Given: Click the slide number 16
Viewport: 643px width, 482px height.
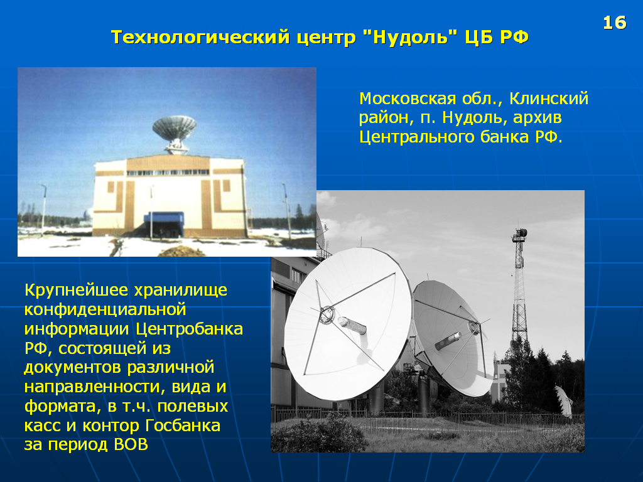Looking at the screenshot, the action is (614, 23).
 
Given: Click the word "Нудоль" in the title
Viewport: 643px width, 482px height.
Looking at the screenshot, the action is (410, 37).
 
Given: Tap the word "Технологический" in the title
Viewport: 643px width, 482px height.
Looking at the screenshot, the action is (200, 37).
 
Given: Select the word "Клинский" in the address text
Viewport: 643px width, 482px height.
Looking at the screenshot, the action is (549, 99).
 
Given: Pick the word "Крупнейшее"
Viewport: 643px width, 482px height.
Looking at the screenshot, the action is (76, 290).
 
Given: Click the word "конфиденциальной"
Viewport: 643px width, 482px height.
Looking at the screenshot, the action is (105, 309).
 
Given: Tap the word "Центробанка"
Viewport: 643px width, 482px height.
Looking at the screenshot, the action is (190, 329).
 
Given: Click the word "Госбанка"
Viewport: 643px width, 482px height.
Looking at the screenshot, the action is (183, 426).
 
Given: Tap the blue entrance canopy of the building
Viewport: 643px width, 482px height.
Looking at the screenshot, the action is (164, 218).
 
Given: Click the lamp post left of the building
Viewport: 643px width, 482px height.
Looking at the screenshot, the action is (43, 210).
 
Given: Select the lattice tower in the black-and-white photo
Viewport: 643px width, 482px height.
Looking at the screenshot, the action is (519, 287).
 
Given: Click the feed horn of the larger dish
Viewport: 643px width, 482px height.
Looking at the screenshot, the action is (352, 326).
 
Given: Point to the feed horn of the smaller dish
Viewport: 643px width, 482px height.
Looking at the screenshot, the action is (448, 341).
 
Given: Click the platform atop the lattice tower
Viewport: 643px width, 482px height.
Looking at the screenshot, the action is (519, 234).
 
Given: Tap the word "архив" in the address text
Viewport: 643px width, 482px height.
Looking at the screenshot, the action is (538, 118).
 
